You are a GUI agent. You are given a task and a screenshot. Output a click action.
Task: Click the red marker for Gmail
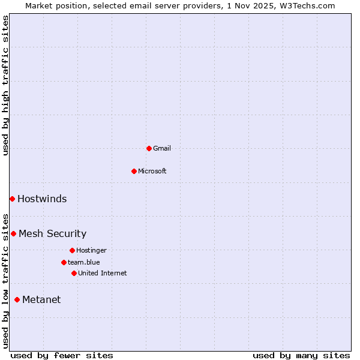(149, 148)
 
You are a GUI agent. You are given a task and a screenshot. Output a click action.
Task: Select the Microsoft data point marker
(134, 171)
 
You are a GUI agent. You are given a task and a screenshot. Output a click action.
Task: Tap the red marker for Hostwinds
(12, 199)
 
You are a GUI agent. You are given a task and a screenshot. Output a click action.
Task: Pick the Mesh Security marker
(13, 233)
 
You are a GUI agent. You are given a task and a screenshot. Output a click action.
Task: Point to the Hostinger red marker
(72, 250)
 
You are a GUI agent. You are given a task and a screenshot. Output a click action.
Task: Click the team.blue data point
(64, 262)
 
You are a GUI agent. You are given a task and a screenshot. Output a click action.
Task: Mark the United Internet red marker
(74, 273)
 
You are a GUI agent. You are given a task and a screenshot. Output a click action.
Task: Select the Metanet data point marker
(17, 299)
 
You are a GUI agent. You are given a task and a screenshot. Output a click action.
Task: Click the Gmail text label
(162, 148)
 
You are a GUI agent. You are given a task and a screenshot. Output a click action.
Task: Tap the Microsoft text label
(152, 171)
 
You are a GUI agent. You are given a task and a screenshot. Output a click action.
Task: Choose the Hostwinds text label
(42, 199)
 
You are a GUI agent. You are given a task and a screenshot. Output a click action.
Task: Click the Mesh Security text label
(52, 233)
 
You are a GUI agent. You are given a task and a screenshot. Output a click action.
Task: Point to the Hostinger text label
(91, 250)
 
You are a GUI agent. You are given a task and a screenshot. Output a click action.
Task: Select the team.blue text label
(84, 262)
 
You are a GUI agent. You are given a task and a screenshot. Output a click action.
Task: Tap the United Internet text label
(103, 273)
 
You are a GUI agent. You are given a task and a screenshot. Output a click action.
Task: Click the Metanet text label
(41, 299)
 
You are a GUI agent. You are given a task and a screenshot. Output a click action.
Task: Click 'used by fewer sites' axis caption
(62, 355)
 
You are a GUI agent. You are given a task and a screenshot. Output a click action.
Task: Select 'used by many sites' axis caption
(301, 355)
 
